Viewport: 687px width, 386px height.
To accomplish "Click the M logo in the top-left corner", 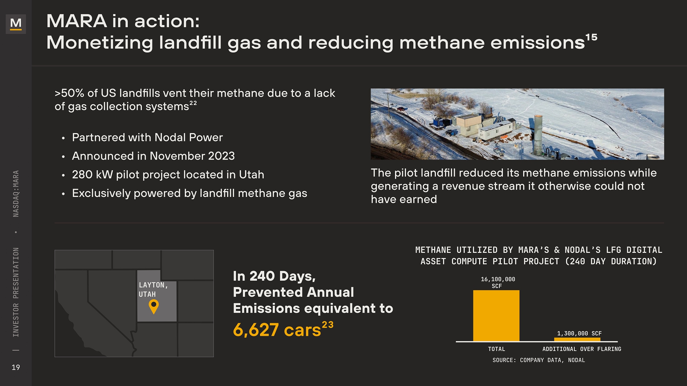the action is [16, 24].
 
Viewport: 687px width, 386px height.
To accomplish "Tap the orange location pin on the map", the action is [154, 306].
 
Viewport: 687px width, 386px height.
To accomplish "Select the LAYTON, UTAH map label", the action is [153, 290].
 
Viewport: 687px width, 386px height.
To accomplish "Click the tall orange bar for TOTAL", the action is [496, 316].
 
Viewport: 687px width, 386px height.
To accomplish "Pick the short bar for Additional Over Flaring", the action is [577, 339].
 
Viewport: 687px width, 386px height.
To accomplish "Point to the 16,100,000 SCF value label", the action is [498, 282].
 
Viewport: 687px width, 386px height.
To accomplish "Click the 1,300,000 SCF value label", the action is [579, 333].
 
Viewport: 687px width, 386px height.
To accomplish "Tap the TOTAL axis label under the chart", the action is [496, 349].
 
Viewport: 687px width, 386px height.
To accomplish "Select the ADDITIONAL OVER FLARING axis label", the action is [582, 349].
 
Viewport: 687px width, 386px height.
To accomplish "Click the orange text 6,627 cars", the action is [277, 330].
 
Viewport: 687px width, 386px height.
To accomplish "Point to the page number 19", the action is [16, 367].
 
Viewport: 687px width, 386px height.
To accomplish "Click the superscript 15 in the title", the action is [592, 37].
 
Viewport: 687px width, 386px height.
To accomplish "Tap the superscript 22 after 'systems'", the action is [193, 103].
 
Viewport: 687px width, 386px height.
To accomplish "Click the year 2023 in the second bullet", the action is [221, 156].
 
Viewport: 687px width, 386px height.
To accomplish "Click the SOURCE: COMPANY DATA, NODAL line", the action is [539, 360].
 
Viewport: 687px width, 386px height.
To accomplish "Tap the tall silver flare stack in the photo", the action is [538, 136].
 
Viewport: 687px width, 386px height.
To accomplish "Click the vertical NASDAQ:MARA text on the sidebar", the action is [16, 194].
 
